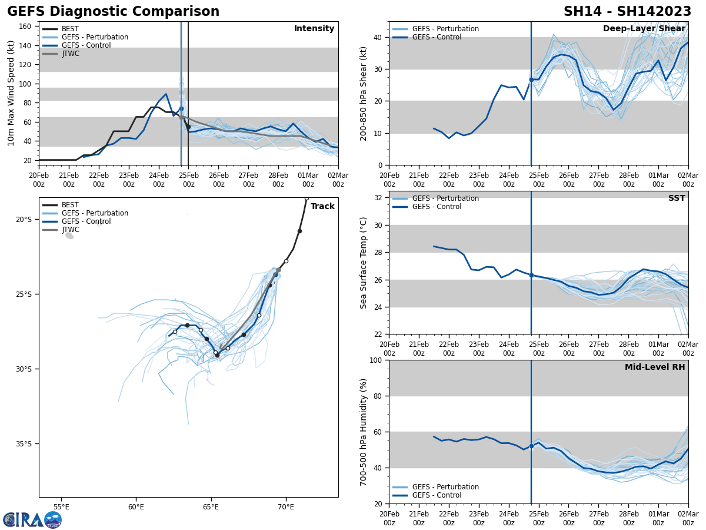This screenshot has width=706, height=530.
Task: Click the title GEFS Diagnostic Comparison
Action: click(113, 12)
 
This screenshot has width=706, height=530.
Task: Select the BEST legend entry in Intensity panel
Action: click(70, 29)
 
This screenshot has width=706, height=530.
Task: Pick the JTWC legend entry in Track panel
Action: click(70, 230)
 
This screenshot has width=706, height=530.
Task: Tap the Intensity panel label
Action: click(314, 29)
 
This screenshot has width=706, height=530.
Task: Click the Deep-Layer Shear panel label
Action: click(644, 29)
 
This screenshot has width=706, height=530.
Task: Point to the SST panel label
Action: click(677, 198)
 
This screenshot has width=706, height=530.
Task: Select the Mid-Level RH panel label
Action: click(655, 367)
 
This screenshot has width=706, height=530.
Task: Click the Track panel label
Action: click(322, 207)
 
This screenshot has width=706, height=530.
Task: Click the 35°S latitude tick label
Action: click(24, 444)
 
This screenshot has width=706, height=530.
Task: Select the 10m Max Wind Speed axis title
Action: click(11, 93)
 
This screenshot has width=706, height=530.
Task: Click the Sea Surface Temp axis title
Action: click(364, 263)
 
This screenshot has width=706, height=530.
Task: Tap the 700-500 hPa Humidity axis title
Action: click(364, 432)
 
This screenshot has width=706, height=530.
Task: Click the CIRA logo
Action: click(32, 520)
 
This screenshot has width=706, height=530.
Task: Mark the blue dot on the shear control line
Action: click(531, 79)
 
